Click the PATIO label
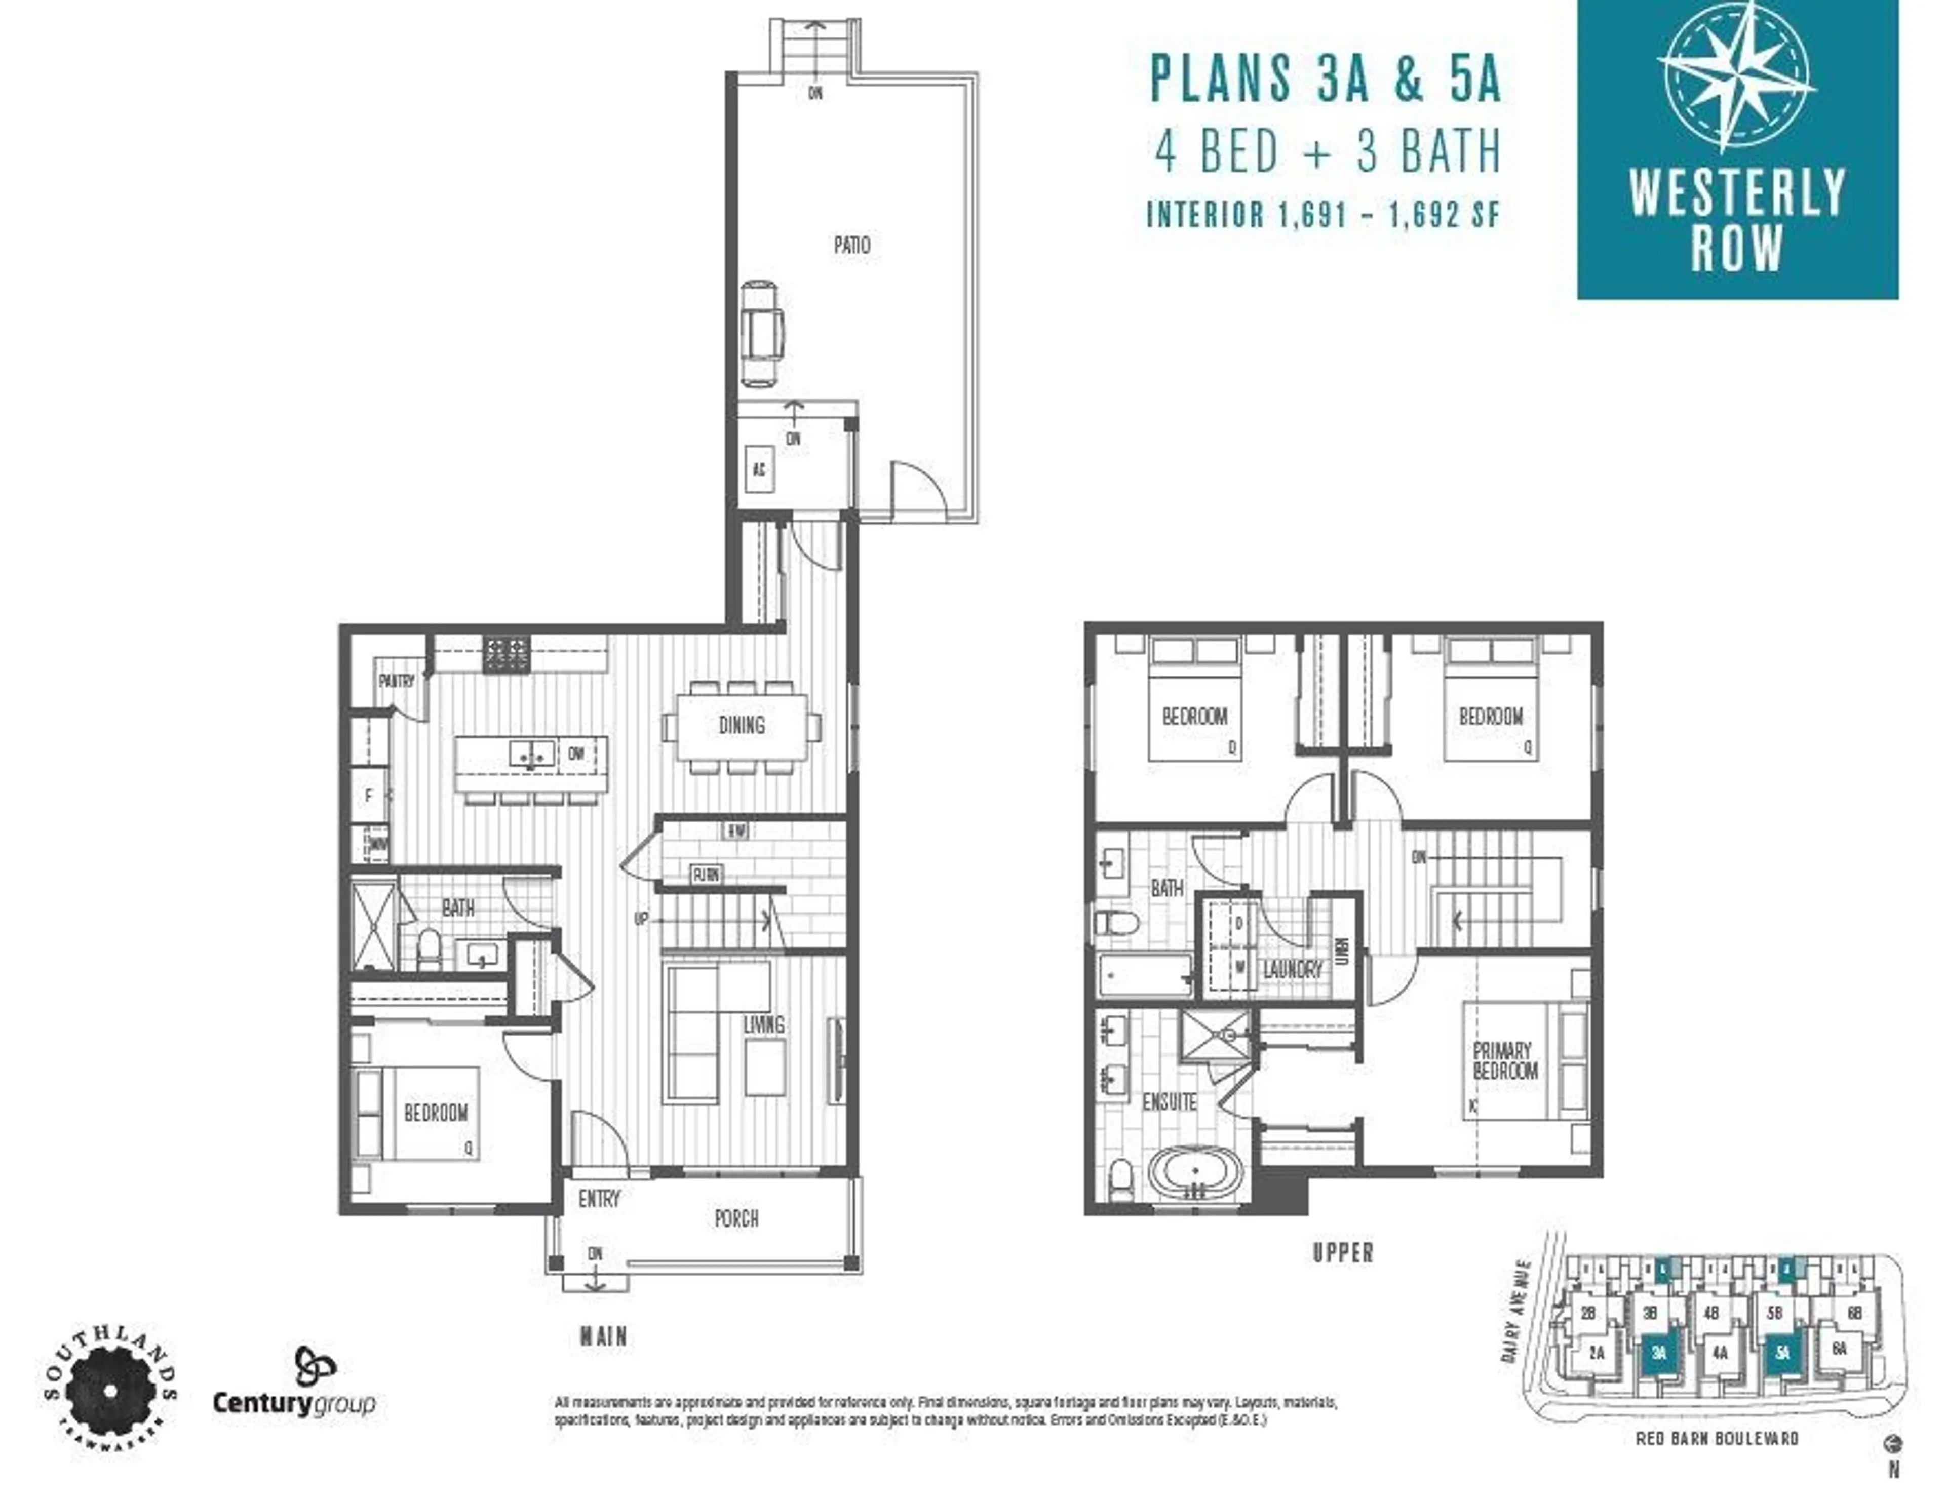coord(851,245)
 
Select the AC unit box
coord(759,469)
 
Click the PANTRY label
coord(396,681)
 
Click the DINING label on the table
coord(741,726)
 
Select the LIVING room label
coord(763,1025)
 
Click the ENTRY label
coord(599,1199)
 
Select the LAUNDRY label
coord(1292,970)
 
